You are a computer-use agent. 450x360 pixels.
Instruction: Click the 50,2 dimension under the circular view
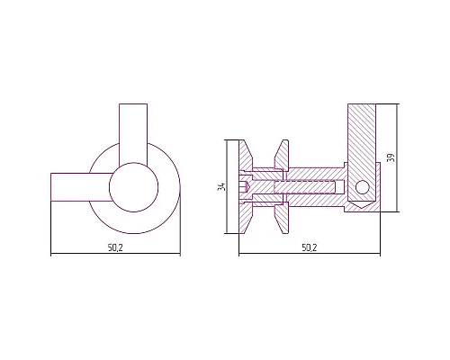(x=115, y=247)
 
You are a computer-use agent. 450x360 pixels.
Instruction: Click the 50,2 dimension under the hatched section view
(x=310, y=247)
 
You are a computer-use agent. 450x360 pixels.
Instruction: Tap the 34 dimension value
(x=221, y=186)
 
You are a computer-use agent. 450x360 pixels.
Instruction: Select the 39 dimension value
(x=391, y=157)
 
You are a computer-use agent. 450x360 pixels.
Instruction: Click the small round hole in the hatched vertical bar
(x=362, y=187)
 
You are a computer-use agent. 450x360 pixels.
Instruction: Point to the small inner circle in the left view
(x=133, y=187)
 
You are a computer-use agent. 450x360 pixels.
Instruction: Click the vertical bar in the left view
(x=133, y=133)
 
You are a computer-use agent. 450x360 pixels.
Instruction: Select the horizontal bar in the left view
(x=81, y=187)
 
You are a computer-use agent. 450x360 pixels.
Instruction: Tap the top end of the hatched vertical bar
(x=362, y=104)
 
